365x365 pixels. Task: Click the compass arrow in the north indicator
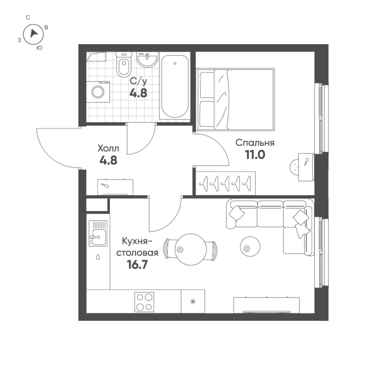33,33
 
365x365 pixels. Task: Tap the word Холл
108,148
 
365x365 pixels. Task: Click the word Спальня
255,143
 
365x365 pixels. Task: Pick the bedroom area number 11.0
255,155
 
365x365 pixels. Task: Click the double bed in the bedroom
236,99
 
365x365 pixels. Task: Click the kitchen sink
97,233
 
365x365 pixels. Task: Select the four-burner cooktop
144,302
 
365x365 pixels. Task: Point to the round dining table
190,249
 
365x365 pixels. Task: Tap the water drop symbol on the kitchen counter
98,257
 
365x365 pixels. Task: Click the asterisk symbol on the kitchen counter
192,301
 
